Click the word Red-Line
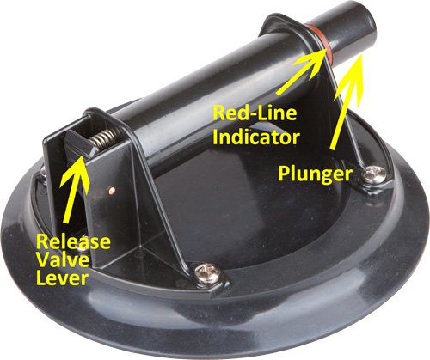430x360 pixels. (x=255, y=113)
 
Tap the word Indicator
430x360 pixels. (x=256, y=137)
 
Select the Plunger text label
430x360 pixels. (x=315, y=174)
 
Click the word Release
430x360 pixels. (x=73, y=241)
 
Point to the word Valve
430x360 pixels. (x=64, y=260)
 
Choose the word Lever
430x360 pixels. (x=62, y=278)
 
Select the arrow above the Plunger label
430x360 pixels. (x=347, y=101)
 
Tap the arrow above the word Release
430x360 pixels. (x=74, y=189)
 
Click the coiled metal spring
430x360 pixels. (x=105, y=137)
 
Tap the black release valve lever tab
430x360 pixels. (x=79, y=144)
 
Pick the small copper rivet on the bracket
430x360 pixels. (x=113, y=189)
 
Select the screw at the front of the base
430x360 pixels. (x=207, y=274)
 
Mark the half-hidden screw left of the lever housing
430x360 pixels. (x=43, y=172)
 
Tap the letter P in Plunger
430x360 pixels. (x=284, y=173)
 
